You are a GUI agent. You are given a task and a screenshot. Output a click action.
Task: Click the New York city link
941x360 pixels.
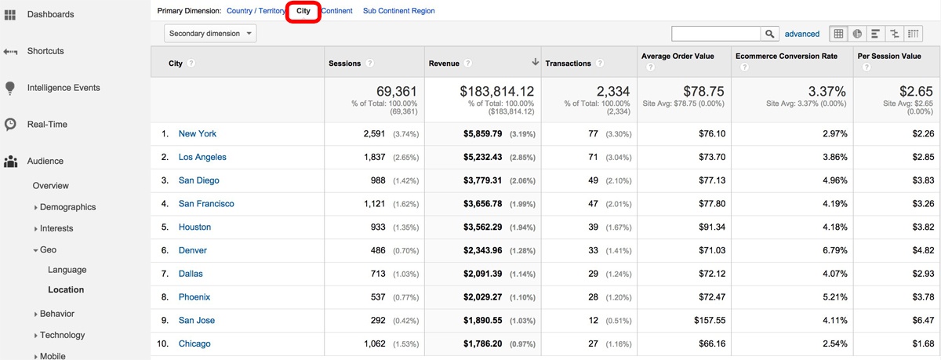(197, 133)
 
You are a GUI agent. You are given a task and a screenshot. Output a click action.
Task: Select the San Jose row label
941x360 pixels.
(196, 320)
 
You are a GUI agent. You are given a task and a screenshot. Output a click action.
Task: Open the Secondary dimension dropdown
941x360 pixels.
(210, 33)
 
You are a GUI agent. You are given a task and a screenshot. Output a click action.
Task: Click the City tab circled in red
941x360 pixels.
(303, 11)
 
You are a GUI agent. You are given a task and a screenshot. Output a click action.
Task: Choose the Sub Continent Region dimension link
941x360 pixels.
(398, 11)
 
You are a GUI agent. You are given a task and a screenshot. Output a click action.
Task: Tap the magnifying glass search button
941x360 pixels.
(769, 34)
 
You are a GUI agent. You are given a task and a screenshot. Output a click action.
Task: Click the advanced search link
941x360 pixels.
(802, 34)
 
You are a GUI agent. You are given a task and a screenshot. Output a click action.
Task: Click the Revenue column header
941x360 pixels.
(444, 64)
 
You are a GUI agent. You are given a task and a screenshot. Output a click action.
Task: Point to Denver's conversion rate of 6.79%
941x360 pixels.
(834, 250)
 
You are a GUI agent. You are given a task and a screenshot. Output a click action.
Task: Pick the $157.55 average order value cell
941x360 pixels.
(710, 320)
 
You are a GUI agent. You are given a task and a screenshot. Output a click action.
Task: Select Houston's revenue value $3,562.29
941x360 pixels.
(482, 227)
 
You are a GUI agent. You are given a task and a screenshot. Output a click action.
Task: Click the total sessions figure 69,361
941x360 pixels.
(396, 91)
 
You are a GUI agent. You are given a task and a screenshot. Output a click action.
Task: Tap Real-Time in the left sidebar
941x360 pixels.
(47, 125)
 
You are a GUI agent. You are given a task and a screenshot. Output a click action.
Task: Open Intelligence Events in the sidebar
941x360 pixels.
(64, 88)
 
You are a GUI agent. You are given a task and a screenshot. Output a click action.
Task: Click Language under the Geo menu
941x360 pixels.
(67, 270)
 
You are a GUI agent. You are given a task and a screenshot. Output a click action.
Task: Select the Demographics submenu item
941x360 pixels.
(67, 207)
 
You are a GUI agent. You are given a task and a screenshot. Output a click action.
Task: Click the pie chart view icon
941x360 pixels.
(857, 34)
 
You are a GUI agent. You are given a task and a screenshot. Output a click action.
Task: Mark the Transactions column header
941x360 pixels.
(568, 64)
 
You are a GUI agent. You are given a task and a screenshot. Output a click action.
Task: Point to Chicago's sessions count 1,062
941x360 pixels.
(374, 344)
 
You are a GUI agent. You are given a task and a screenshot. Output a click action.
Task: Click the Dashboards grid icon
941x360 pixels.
(9, 15)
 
